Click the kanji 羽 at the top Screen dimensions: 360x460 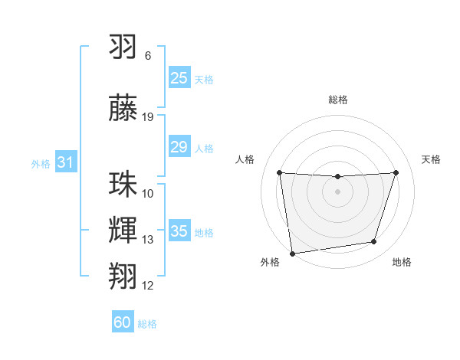click(123, 48)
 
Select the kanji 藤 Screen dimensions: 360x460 click(123, 109)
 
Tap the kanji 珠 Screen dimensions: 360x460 click(123, 185)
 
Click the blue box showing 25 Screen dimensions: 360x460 click(179, 78)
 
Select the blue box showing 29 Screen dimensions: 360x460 click(179, 147)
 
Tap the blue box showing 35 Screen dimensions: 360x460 click(179, 231)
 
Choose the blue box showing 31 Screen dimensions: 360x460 click(65, 162)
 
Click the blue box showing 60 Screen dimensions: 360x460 click(123, 322)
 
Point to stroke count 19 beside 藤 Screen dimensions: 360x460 click(148, 117)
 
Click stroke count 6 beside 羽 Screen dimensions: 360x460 click(148, 56)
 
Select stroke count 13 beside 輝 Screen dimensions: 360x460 click(148, 240)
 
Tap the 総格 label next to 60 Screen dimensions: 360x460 click(147, 324)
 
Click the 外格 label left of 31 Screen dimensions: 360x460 click(41, 163)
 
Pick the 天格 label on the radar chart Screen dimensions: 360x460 click(431, 159)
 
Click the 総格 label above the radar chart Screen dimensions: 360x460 click(337, 100)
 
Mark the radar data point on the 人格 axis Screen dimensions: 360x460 click(279, 172)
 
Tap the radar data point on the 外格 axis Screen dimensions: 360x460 click(292, 252)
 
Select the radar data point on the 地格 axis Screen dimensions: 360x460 click(374, 242)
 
